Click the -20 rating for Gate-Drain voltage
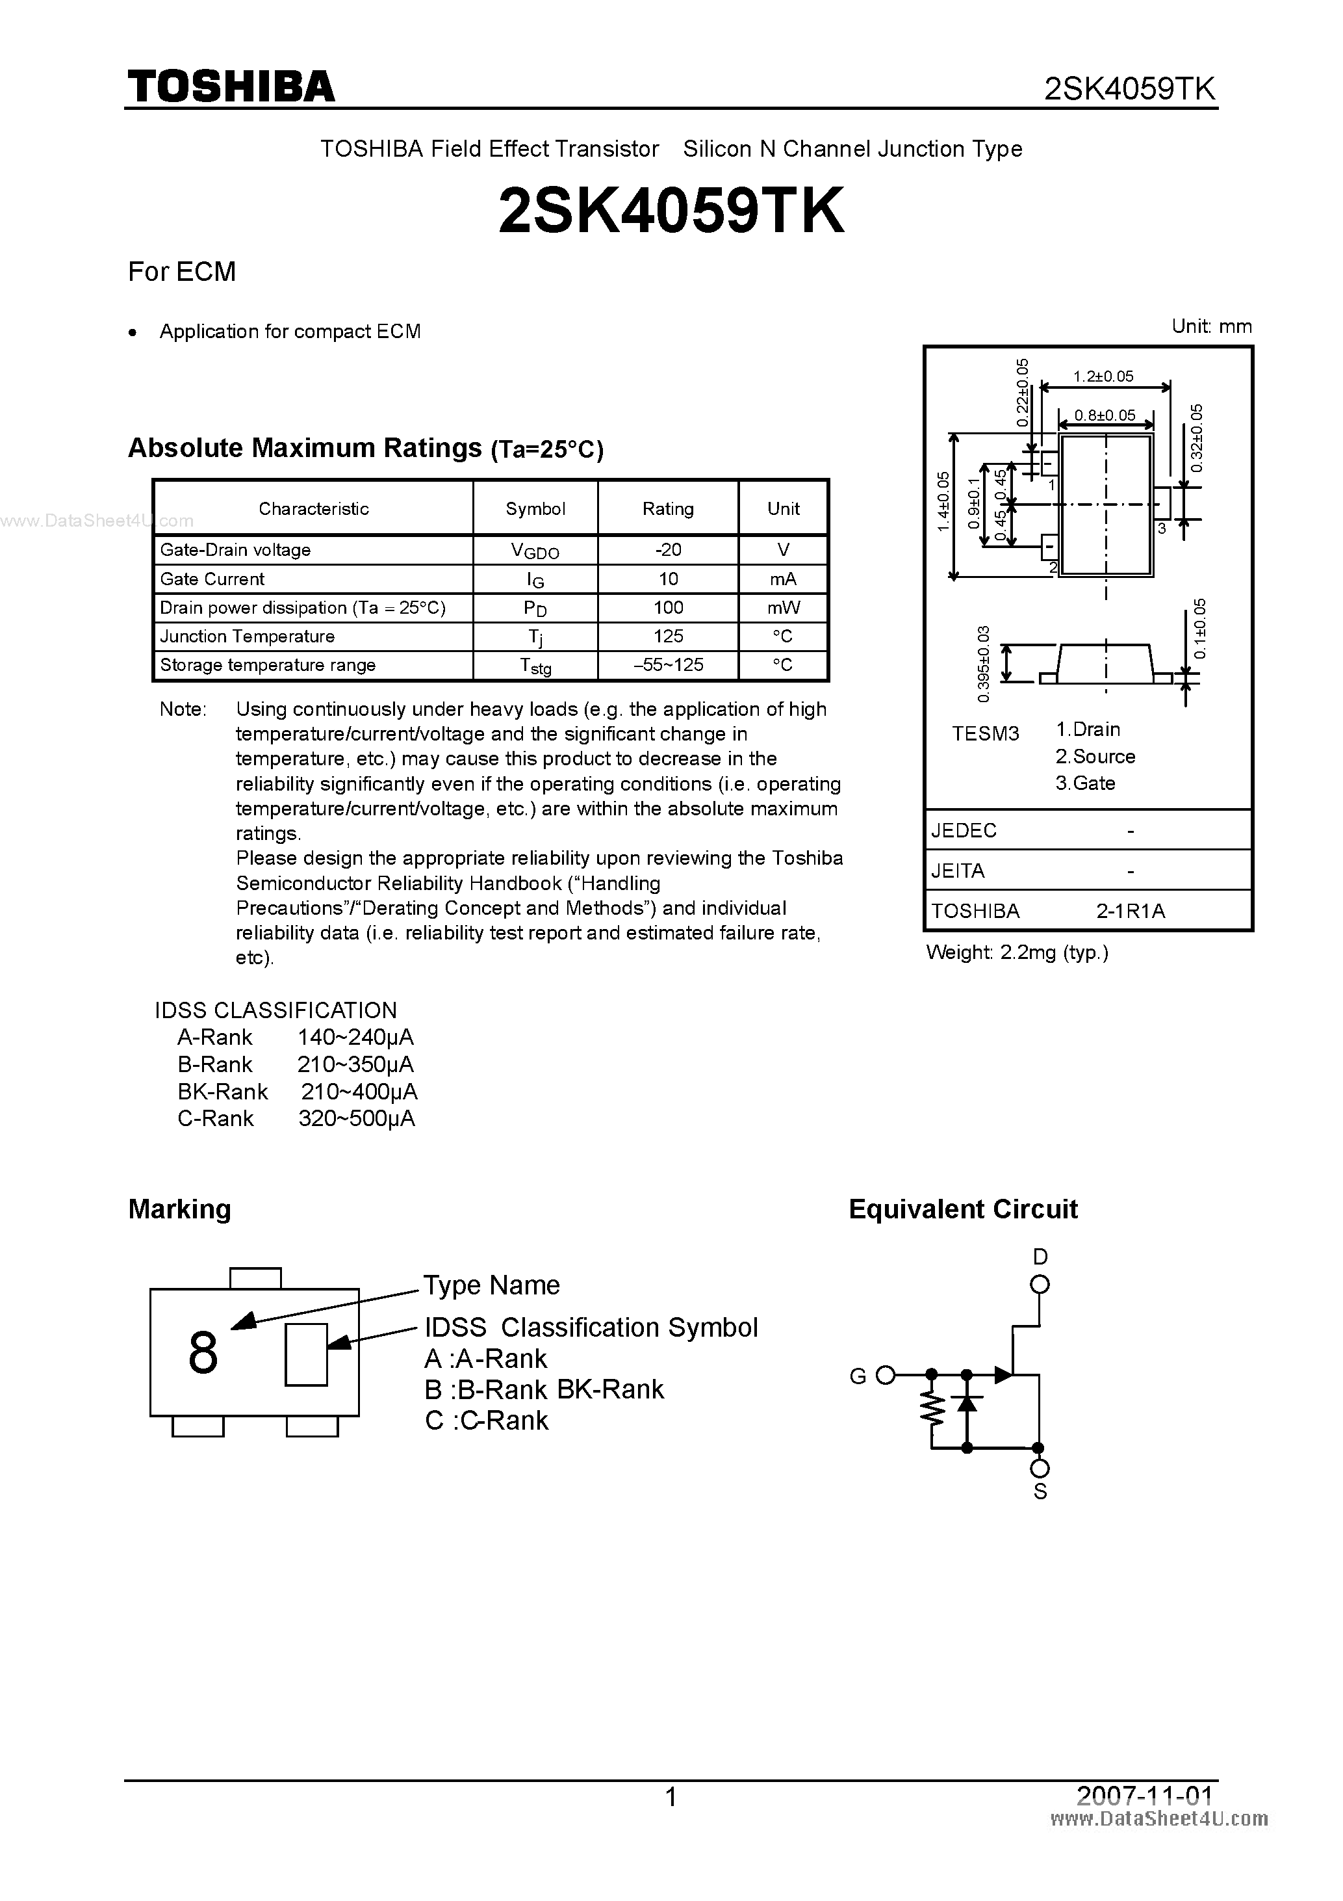tap(668, 550)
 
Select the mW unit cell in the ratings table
tap(783, 608)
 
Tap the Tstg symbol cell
tap(535, 666)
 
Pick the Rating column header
tap(668, 508)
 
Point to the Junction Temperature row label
tap(248, 636)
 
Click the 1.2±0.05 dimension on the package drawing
tap(1103, 376)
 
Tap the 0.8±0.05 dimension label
tap(1105, 415)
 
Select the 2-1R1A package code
tap(1131, 911)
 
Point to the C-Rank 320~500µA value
tap(357, 1119)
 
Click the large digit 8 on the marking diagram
tap(203, 1354)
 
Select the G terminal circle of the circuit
tap(886, 1375)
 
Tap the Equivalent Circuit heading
tap(963, 1209)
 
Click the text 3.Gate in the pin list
tap(1085, 783)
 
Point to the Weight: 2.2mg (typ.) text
tap(1017, 952)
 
